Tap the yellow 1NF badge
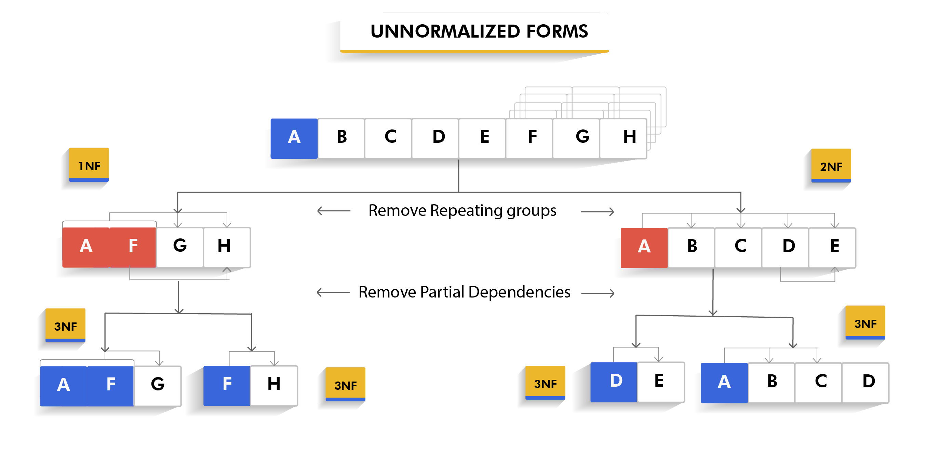click(89, 165)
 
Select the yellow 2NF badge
click(831, 166)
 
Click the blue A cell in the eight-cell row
click(294, 138)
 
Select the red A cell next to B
click(644, 248)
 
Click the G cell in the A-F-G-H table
click(180, 247)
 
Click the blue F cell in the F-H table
click(227, 385)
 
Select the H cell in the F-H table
click(274, 385)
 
